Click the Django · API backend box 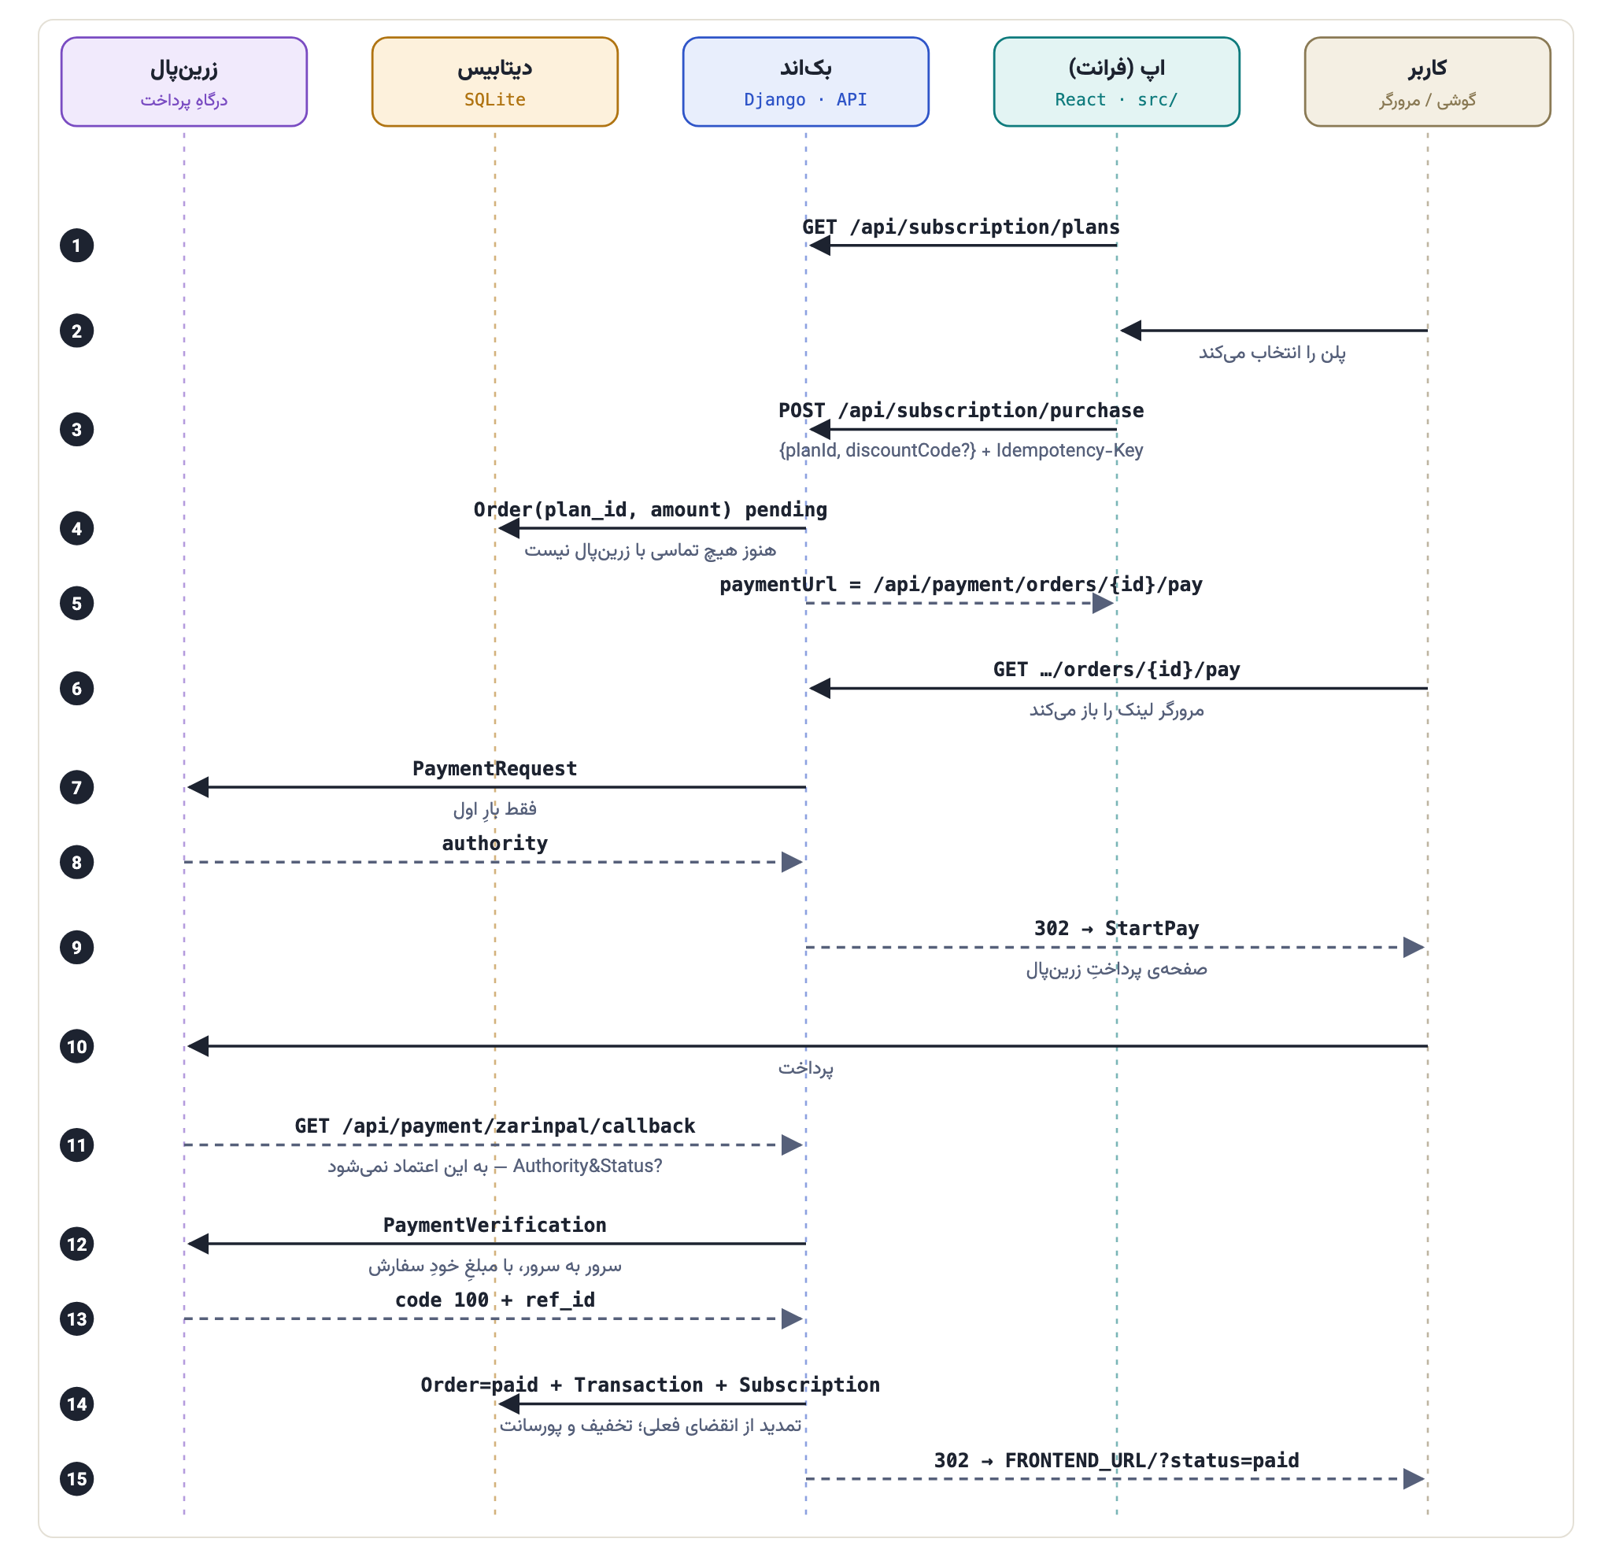coord(805,81)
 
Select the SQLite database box coord(494,81)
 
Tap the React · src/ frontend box coord(1116,81)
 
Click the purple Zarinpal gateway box coord(183,81)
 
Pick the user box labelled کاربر coord(1427,81)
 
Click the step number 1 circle coord(76,245)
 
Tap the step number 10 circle coord(76,1046)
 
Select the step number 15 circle coord(76,1479)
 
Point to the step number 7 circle coord(76,787)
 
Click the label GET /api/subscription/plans coord(960,227)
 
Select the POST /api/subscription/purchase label coord(960,410)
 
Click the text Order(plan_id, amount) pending coord(649,510)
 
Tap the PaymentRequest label coord(494,768)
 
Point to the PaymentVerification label coord(494,1225)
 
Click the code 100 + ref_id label coord(494,1300)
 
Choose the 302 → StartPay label coord(1116,929)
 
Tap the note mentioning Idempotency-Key coord(960,450)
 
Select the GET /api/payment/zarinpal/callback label coord(494,1126)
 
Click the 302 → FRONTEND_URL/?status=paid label coord(1116,1460)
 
